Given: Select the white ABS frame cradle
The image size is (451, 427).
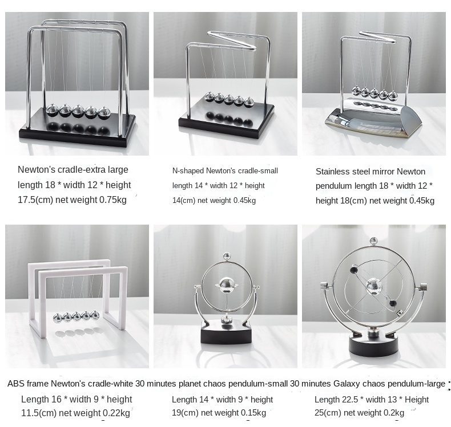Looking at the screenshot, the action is point(78,298).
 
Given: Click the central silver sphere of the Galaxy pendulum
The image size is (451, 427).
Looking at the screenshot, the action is point(374,287).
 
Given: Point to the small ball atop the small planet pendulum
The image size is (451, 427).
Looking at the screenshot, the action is point(227,255).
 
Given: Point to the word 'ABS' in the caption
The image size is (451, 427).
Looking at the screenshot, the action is point(14,383).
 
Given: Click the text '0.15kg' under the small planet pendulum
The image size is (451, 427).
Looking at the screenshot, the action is point(252,413).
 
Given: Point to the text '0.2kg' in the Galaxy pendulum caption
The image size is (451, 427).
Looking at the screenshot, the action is point(393,413).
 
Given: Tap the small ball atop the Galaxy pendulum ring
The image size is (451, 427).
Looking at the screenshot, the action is point(373,241).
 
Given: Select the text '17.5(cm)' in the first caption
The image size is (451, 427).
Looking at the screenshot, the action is point(35,200).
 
